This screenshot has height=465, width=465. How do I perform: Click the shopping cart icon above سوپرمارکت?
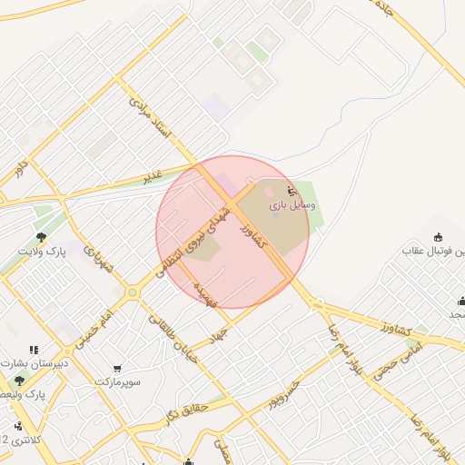117,369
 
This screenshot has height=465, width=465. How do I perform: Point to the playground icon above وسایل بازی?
292,192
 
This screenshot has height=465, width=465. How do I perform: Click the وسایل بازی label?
292,207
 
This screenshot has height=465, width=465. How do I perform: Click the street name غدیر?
152,175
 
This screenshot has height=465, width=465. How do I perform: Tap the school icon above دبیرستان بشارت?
35,350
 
